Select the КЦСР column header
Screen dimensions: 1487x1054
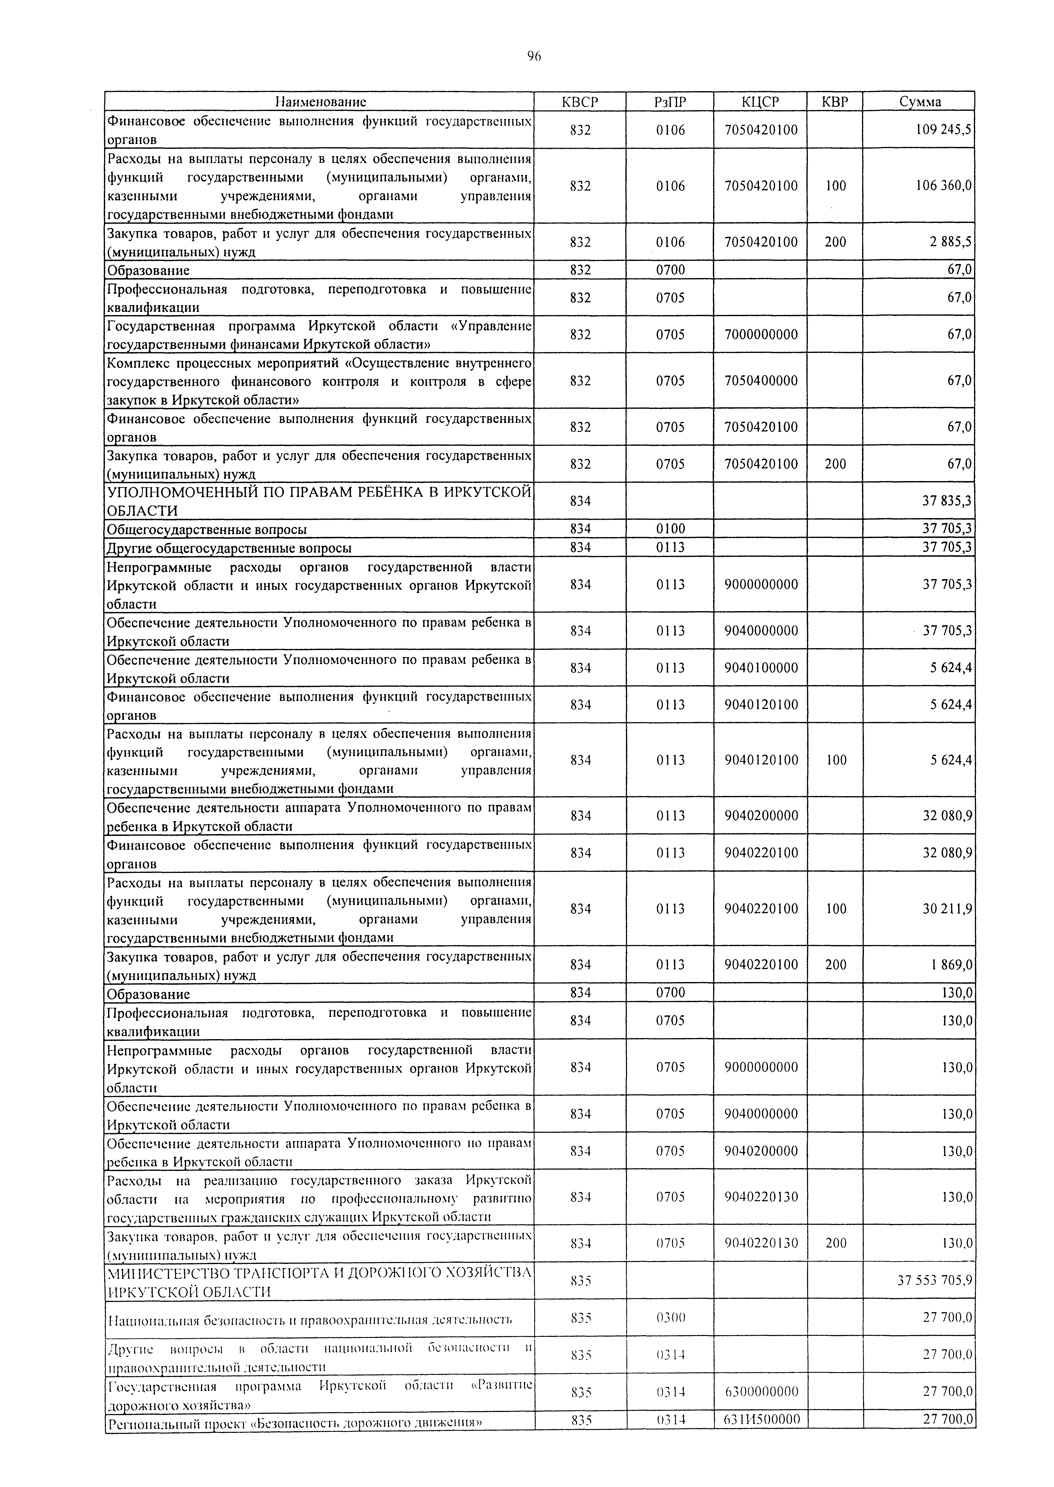click(x=760, y=102)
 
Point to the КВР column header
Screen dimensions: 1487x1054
click(x=835, y=102)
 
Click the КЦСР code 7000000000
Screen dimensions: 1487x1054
click(x=761, y=335)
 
